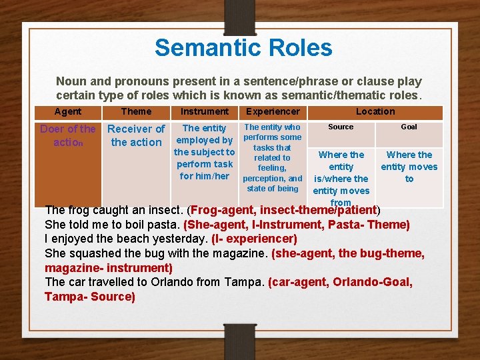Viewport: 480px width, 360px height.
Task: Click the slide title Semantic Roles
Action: (243, 48)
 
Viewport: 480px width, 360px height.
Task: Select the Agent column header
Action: (68, 112)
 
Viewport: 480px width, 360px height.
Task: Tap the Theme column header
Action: (136, 112)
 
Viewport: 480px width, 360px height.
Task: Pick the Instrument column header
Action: (205, 112)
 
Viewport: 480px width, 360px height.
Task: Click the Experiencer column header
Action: (273, 112)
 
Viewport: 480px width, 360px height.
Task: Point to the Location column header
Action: (375, 112)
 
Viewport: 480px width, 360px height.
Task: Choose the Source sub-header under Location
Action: (341, 127)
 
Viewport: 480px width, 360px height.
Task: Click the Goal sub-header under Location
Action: (409, 127)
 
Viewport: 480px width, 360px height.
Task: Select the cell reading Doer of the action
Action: (68, 135)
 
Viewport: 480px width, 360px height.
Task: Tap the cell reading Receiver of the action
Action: (136, 135)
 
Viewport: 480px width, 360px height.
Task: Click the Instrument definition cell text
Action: (205, 152)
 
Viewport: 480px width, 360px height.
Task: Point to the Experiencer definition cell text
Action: (273, 157)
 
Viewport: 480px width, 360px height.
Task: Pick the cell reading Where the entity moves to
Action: (409, 167)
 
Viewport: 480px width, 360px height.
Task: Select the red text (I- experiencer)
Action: (254, 239)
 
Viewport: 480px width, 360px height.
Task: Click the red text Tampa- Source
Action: (90, 297)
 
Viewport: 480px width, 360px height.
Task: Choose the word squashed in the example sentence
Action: (93, 253)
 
